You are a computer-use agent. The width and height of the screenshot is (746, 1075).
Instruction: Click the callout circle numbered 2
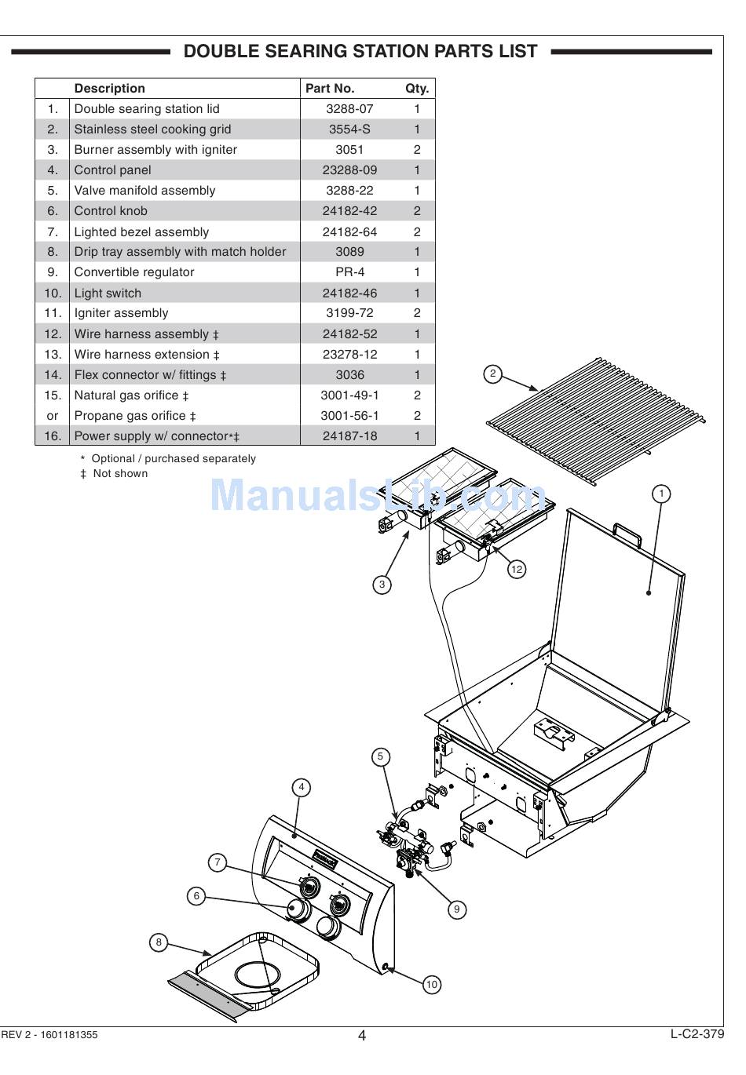pyautogui.click(x=492, y=374)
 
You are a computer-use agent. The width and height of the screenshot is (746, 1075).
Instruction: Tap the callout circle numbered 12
pyautogui.click(x=516, y=569)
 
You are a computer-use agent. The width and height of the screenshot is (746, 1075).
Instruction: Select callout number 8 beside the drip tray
pyautogui.click(x=159, y=942)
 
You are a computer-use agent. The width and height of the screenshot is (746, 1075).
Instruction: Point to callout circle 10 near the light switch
pyautogui.click(x=431, y=984)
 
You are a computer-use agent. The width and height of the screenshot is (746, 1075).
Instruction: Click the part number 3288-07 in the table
pyautogui.click(x=349, y=109)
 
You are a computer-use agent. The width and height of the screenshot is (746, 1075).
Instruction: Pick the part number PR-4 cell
pyautogui.click(x=349, y=272)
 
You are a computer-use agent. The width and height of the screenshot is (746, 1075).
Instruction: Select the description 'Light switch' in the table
pyautogui.click(x=108, y=293)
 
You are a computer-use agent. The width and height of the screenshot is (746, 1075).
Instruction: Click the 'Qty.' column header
pyautogui.click(x=417, y=89)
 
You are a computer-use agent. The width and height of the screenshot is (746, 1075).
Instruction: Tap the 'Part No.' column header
pyautogui.click(x=330, y=89)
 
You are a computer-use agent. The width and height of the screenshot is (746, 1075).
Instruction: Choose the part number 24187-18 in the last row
pyautogui.click(x=349, y=436)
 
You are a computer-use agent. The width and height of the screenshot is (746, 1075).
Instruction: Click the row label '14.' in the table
pyautogui.click(x=53, y=375)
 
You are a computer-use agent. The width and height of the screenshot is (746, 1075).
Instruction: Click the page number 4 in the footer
pyautogui.click(x=362, y=1035)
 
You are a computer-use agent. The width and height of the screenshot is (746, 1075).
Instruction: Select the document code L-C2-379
pyautogui.click(x=697, y=1033)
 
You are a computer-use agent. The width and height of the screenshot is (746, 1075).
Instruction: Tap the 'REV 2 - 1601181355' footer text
pyautogui.click(x=49, y=1034)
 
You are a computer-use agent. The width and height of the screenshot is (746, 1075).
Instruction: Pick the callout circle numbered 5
pyautogui.click(x=380, y=756)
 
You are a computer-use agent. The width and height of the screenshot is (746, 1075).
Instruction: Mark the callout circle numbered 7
pyautogui.click(x=218, y=862)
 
